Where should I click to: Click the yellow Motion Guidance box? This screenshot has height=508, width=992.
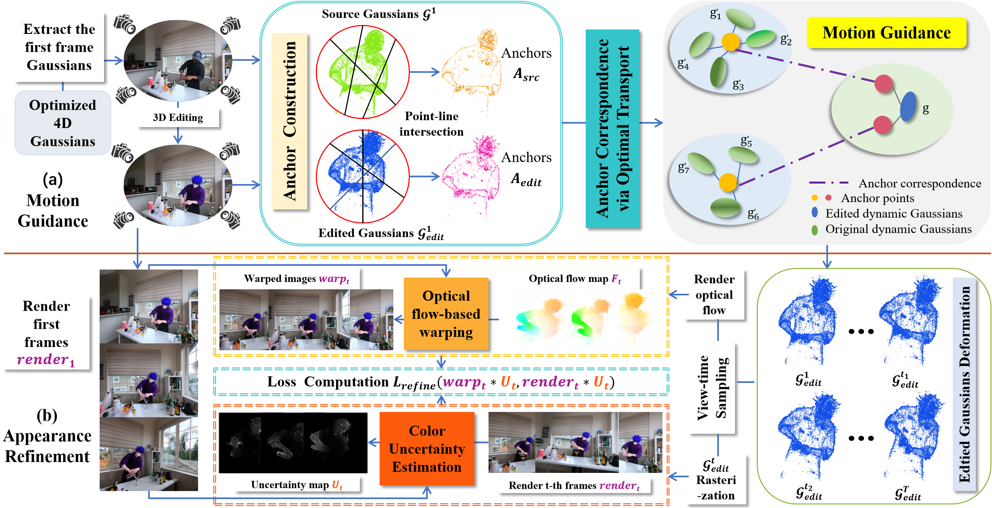(886, 33)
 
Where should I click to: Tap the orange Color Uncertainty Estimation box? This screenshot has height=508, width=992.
(427, 448)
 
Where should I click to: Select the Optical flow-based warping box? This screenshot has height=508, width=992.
(446, 314)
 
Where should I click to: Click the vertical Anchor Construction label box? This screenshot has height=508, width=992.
(290, 121)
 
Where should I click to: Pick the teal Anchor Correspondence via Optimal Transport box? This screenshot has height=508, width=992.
(612, 128)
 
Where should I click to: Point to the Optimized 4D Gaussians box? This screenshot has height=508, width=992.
(63, 123)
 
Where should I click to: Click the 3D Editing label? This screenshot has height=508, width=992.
(178, 117)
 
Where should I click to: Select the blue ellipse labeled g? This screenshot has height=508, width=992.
(908, 107)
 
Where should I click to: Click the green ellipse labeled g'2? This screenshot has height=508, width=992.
(760, 38)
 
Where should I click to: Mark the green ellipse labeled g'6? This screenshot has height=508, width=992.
(725, 207)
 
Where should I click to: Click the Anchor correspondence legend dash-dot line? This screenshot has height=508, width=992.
(829, 183)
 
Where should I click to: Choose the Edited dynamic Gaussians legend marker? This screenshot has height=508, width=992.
(815, 213)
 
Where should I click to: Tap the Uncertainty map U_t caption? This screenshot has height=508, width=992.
(297, 485)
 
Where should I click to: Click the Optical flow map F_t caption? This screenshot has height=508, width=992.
(574, 278)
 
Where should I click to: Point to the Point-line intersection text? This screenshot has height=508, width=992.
(431, 124)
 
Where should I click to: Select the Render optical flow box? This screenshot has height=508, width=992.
(714, 295)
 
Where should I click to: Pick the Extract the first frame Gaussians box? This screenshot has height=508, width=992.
(59, 47)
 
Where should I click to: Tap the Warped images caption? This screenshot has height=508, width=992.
(297, 278)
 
